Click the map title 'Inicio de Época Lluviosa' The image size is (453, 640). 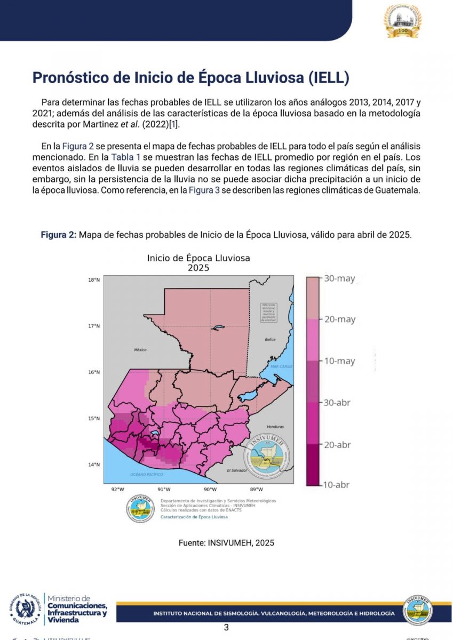(198, 258)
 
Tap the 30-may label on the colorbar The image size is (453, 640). (339, 278)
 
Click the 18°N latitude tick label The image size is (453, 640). (94, 280)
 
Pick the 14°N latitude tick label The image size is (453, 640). (94, 465)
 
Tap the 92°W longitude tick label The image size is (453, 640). (117, 490)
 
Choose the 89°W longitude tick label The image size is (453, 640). (256, 490)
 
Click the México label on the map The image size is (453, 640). (140, 350)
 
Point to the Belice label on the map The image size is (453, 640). (270, 340)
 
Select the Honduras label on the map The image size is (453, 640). (275, 427)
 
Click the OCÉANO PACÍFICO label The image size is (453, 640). (146, 474)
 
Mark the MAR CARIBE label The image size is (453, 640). (282, 367)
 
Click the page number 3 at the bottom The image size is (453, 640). (226, 628)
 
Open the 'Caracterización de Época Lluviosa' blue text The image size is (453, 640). (194, 517)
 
